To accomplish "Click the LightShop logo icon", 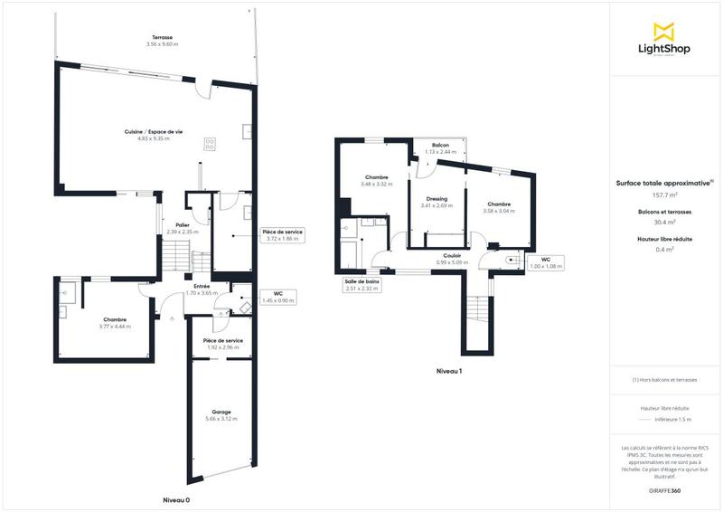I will (x=664, y=31).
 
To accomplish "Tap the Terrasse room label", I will (x=163, y=38).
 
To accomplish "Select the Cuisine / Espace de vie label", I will (x=154, y=132).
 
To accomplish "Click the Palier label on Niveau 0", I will (x=183, y=224).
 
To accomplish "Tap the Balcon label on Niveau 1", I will (x=441, y=145).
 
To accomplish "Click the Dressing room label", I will (x=437, y=199).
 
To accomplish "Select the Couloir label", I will (x=453, y=256).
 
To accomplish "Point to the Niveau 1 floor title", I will (x=449, y=371).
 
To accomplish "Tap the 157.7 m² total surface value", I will (x=664, y=194).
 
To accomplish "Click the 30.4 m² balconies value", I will (x=664, y=222).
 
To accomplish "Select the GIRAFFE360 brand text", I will (x=664, y=490).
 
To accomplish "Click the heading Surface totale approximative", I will (x=664, y=182).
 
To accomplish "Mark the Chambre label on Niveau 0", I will (x=115, y=319).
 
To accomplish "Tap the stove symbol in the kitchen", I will (x=211, y=141).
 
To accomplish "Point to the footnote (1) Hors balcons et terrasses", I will (x=664, y=380).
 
